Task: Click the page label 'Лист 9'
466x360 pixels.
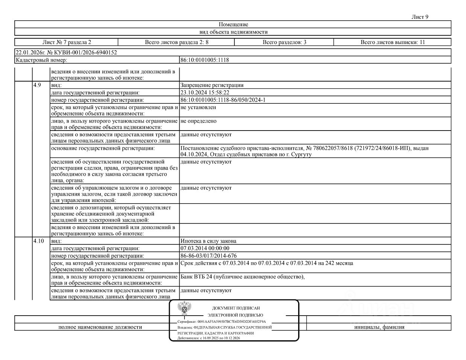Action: (420, 17)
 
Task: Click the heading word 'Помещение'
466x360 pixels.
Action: (233, 24)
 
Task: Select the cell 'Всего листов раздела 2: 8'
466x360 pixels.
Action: (177, 42)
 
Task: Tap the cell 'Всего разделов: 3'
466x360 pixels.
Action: (284, 42)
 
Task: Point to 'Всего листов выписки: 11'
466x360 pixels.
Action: (393, 42)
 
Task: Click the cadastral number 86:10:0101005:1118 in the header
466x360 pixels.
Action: (205, 60)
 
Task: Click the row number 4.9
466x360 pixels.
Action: (37, 85)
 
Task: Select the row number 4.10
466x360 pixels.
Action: (38, 241)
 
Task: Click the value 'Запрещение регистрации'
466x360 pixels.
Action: (212, 85)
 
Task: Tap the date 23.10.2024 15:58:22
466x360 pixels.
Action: (205, 93)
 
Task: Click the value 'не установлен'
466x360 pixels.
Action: (198, 107)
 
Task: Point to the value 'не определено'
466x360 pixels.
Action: (198, 121)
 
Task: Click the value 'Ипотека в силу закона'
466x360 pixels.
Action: (208, 241)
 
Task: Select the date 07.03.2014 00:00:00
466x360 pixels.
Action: (205, 248)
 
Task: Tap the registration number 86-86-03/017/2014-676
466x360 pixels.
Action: (209, 256)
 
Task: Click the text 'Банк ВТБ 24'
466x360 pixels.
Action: (196, 277)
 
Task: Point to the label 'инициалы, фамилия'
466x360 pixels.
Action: (379, 327)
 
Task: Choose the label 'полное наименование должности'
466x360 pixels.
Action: (100, 327)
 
